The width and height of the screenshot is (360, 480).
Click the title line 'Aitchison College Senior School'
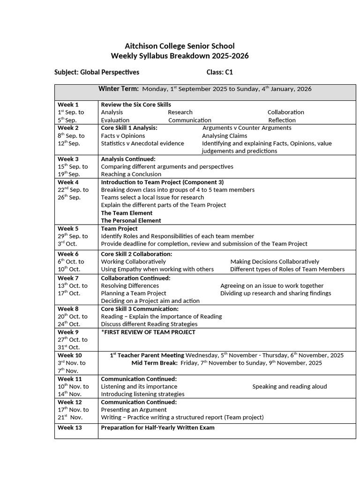[180, 46]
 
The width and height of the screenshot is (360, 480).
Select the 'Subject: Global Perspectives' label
[97, 72]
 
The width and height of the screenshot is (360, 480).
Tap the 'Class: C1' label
[219, 72]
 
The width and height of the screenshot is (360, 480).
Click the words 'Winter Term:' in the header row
[118, 89]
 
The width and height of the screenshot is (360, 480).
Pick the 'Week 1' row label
[68, 105]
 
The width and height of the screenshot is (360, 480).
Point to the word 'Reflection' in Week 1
[282, 120]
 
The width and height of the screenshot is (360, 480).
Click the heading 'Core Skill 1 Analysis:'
[129, 127]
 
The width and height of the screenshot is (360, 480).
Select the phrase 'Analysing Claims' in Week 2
[224, 135]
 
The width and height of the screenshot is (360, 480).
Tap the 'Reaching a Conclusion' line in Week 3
[131, 174]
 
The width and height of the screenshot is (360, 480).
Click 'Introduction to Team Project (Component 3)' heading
[162, 182]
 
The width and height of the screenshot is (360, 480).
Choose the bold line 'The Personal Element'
[131, 220]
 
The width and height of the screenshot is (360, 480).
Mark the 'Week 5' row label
[68, 228]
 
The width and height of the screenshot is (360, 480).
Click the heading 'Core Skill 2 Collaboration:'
[136, 254]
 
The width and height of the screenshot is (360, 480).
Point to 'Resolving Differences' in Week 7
[130, 285]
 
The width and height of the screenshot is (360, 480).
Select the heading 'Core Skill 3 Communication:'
[140, 309]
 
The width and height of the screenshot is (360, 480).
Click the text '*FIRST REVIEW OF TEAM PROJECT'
[148, 332]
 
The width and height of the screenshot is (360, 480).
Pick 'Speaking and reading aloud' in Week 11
[289, 386]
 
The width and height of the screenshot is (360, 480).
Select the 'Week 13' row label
[69, 427]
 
